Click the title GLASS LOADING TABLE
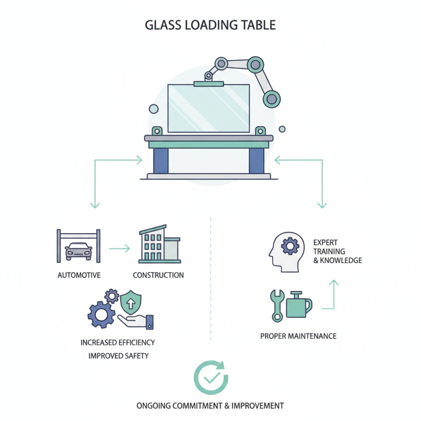click(x=210, y=25)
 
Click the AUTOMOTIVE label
click(x=78, y=275)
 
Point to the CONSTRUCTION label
click(x=158, y=275)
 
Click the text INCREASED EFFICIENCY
click(x=118, y=343)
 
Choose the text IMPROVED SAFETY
click(x=118, y=356)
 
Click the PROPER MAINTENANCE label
click(x=298, y=336)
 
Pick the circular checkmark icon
click(x=210, y=377)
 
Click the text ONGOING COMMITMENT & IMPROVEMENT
click(x=210, y=406)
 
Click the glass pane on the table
click(x=208, y=108)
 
